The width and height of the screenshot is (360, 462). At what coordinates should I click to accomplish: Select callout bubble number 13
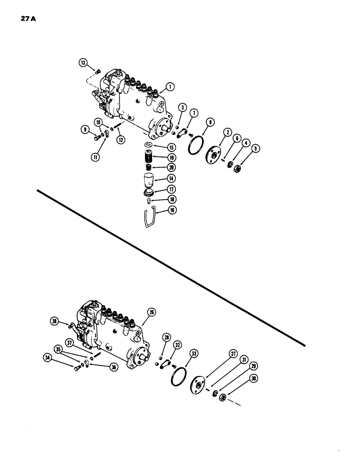click(83, 62)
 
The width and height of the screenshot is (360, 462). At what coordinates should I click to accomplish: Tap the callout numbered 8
click(210, 123)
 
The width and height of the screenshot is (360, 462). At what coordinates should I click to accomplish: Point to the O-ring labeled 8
click(197, 145)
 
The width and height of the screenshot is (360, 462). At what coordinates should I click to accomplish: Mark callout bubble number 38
click(54, 322)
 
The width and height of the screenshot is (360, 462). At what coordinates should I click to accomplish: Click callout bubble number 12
click(121, 139)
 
